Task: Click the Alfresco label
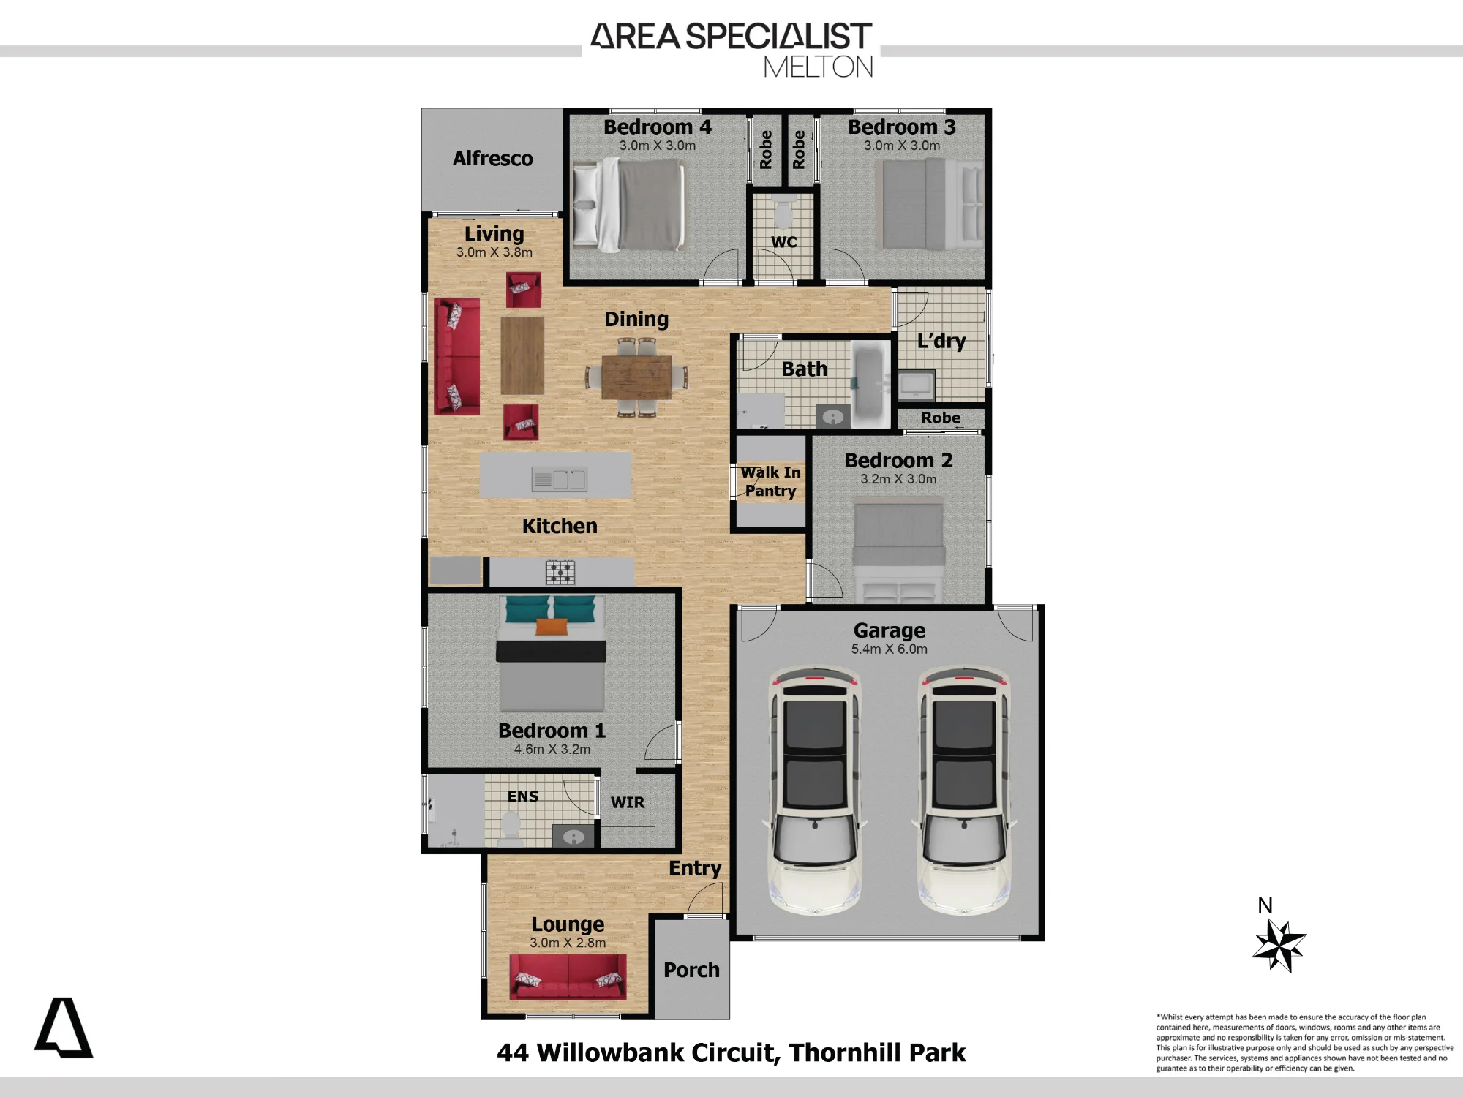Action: (492, 159)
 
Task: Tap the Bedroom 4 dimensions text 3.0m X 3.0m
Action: (658, 146)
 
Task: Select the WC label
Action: (783, 242)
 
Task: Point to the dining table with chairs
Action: (636, 377)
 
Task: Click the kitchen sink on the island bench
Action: (560, 479)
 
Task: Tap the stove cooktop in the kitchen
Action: (560, 572)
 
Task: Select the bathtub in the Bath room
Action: (868, 385)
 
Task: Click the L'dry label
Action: (941, 342)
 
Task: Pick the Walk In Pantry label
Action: (770, 482)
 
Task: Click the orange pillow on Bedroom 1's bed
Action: (552, 627)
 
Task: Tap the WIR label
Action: (628, 802)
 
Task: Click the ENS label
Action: (523, 796)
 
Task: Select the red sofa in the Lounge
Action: (568, 977)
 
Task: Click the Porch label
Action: (691, 970)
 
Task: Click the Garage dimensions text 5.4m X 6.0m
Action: (889, 649)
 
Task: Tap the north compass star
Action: (1279, 946)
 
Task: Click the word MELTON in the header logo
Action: (819, 67)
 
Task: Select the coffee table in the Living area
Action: (522, 355)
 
